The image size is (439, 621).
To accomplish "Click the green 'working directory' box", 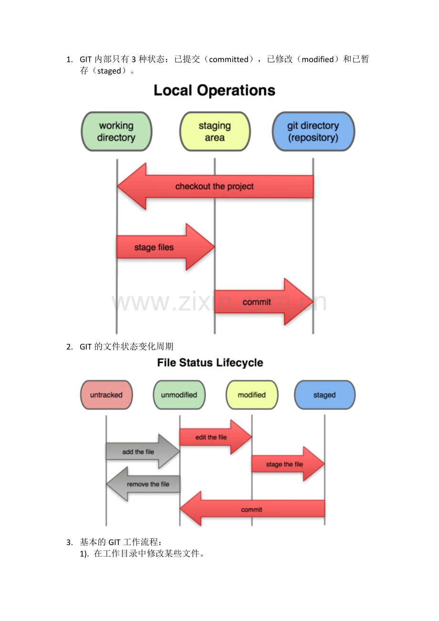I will [116, 132].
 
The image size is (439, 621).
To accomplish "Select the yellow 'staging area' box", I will [215, 132].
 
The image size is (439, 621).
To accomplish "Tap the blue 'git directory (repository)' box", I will [313, 132].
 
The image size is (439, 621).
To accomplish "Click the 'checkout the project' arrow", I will [215, 186].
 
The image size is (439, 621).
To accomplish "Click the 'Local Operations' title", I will [214, 91].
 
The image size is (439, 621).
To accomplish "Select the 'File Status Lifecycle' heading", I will [210, 363].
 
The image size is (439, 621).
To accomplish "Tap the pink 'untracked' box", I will [106, 395].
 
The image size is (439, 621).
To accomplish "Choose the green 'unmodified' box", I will [179, 395].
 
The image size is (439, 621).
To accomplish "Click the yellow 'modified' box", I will [251, 395].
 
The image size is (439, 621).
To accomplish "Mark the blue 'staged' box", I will [324, 395].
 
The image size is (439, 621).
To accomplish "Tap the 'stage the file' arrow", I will [285, 464].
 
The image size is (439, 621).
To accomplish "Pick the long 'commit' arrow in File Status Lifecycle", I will [251, 509].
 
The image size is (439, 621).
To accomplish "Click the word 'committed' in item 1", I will [229, 60].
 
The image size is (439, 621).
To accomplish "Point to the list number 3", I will [69, 542].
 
